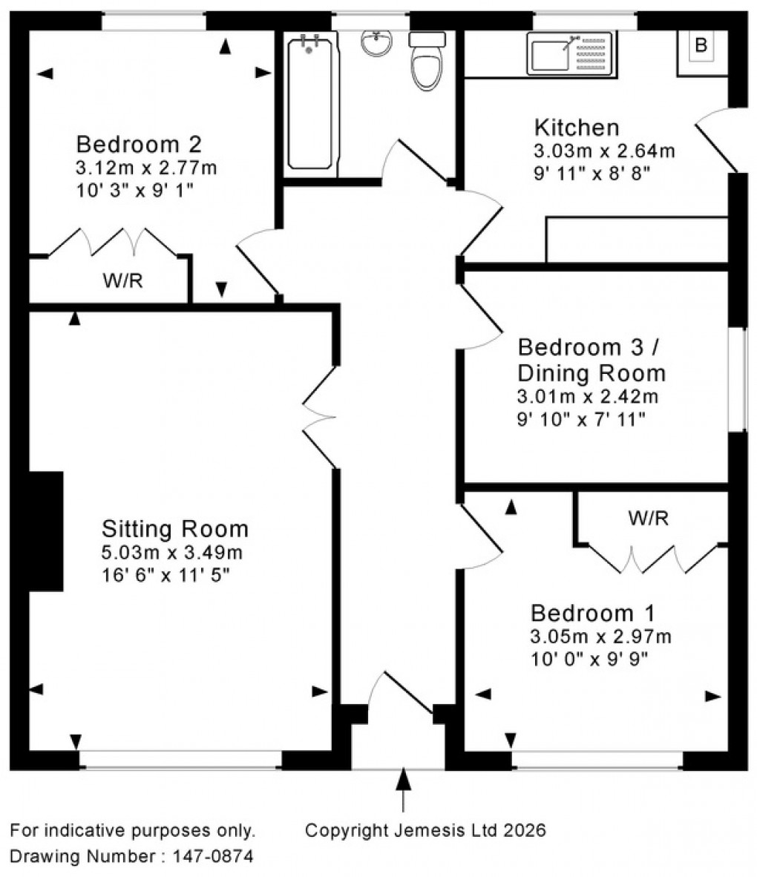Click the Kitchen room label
tap(577, 127)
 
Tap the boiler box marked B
tap(700, 46)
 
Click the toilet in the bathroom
tap(427, 62)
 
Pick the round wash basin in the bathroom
tap(378, 45)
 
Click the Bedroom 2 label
tap(139, 143)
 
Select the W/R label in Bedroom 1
tap(648, 519)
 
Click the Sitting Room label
tap(174, 529)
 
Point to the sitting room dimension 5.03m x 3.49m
tap(171, 553)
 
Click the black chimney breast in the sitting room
tap(45, 531)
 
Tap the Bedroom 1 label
tap(592, 614)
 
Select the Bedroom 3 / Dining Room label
tap(591, 359)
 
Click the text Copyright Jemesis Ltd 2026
tap(425, 830)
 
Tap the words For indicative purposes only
tap(133, 830)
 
